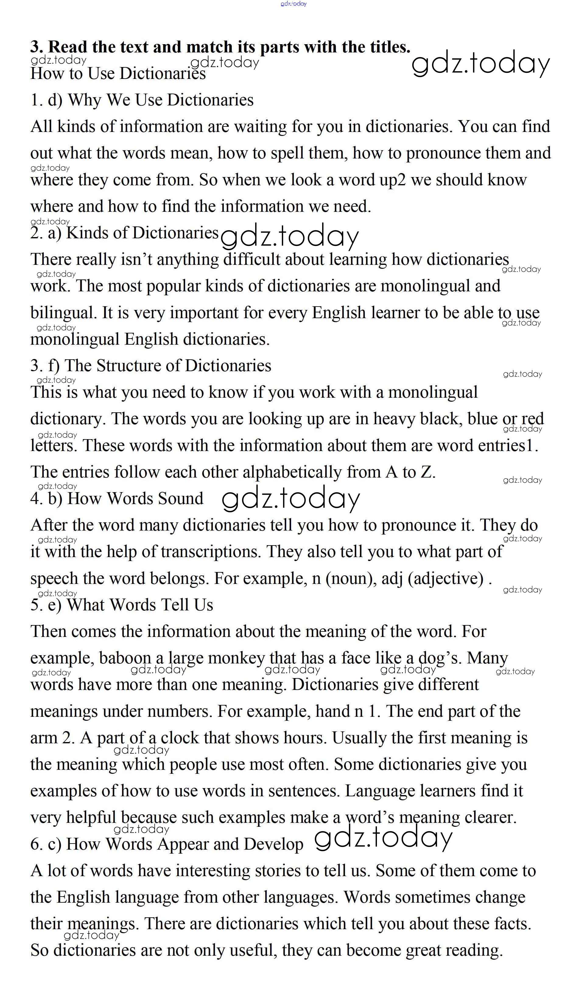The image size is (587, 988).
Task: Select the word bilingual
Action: [63, 313]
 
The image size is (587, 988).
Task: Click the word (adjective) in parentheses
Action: [446, 579]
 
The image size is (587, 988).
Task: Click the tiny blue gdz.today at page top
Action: [293, 4]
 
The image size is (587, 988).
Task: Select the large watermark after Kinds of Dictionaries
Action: [290, 236]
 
